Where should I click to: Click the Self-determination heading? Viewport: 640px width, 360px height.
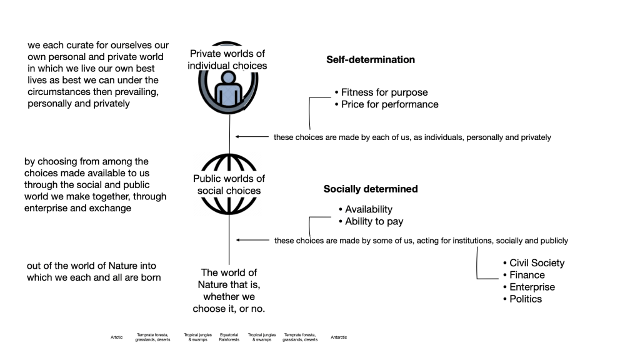click(370, 60)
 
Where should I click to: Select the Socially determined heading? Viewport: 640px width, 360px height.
click(370, 189)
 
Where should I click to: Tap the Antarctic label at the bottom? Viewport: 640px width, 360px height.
click(339, 337)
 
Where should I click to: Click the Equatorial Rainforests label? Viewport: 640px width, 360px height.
click(229, 337)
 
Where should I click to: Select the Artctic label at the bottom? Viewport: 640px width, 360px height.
click(117, 337)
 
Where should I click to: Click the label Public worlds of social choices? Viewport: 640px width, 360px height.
click(229, 184)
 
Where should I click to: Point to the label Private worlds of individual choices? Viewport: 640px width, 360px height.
click(227, 59)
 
